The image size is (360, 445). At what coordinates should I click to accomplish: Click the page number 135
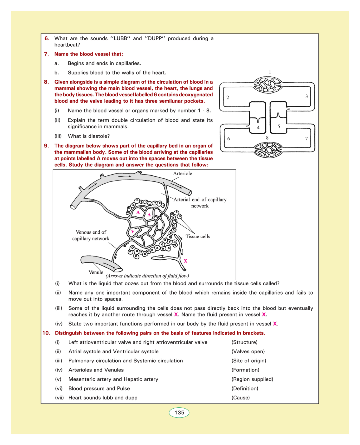point(179,413)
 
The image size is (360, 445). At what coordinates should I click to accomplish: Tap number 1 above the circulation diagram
point(270,72)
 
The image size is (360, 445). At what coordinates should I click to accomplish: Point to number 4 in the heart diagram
point(258,127)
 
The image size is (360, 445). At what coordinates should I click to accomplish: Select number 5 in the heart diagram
point(279,126)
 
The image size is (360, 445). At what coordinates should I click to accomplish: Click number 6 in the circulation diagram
point(228,139)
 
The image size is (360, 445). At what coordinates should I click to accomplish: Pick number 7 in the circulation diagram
point(307,139)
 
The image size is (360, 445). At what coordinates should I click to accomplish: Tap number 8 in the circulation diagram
point(267,138)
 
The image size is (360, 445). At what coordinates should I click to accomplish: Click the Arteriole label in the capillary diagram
point(183,174)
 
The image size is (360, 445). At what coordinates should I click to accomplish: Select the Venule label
point(96,272)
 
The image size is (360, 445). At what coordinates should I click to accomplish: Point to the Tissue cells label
point(198,236)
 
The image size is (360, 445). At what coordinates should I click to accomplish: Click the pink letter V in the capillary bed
point(133,231)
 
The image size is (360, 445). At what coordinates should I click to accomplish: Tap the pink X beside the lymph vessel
point(186,261)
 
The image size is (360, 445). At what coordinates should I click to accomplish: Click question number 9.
point(46,146)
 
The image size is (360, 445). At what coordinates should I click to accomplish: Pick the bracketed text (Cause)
point(241,398)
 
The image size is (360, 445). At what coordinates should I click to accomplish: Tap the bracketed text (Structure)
point(245,342)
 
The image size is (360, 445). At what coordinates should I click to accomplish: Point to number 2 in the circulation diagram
point(228,97)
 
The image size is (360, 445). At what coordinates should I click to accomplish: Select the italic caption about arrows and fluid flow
point(147,276)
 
